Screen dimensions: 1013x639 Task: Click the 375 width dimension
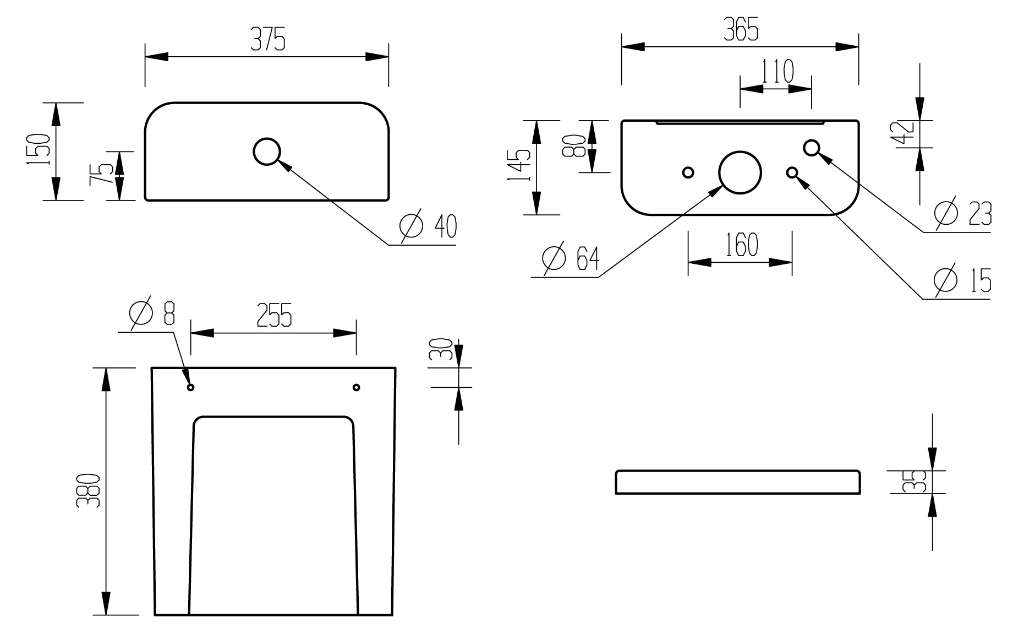(x=268, y=40)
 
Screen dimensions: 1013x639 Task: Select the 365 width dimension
(x=740, y=29)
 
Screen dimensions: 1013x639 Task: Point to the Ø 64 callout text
(x=571, y=258)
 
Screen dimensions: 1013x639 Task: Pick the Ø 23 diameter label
(x=963, y=213)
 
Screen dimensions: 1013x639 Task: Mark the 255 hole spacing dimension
(x=273, y=315)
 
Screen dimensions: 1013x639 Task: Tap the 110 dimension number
(x=777, y=71)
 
